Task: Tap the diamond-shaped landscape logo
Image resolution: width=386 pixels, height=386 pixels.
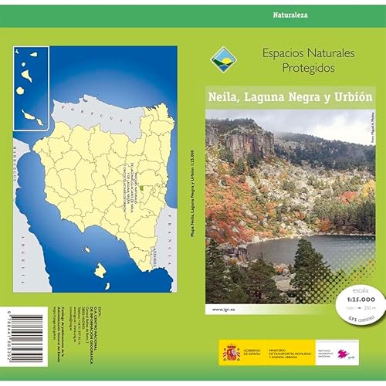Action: pos(222,58)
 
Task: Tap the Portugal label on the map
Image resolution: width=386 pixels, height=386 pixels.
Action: pos(85,110)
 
